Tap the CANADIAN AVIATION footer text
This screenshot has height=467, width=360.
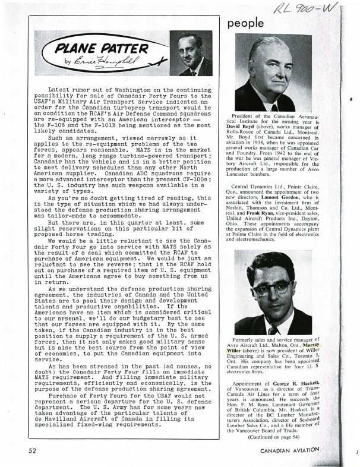pyautogui.click(x=298, y=450)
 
